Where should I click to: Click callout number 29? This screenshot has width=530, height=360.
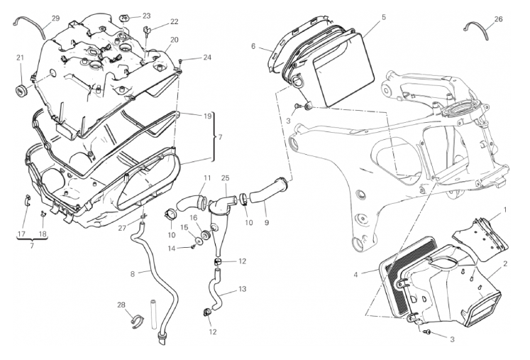[x=55, y=18]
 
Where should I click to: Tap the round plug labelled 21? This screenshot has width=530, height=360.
[x=20, y=90]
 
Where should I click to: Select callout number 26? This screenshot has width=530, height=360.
[x=497, y=19]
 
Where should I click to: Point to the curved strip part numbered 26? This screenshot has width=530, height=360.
[x=477, y=30]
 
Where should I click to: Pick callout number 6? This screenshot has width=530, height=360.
[x=253, y=46]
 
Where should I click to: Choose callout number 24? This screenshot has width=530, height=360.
[x=206, y=57]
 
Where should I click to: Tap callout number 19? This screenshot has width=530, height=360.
[x=207, y=116]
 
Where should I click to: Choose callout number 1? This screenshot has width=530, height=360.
[x=505, y=210]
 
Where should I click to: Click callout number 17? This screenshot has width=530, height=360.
[x=21, y=233]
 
